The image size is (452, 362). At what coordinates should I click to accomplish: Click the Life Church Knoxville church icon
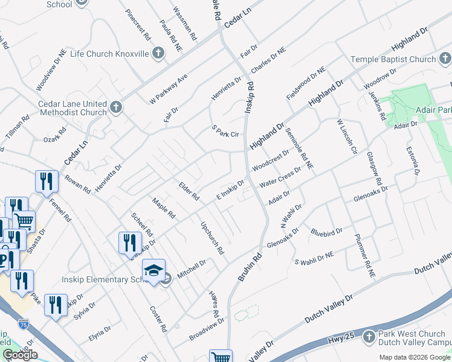tap(158, 54)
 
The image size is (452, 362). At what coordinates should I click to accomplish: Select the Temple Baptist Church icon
tap(445, 59)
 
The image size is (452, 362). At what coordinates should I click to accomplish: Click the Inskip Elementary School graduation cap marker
tap(153, 270)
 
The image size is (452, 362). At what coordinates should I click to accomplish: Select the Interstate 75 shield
tap(24, 324)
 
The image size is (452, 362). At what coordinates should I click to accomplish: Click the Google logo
tap(20, 355)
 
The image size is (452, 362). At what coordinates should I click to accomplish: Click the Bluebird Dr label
tap(327, 231)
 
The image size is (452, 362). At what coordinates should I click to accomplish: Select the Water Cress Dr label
tap(280, 178)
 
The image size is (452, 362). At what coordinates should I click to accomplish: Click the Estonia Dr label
tap(413, 160)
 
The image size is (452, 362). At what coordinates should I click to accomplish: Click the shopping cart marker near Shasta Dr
tap(24, 221)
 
